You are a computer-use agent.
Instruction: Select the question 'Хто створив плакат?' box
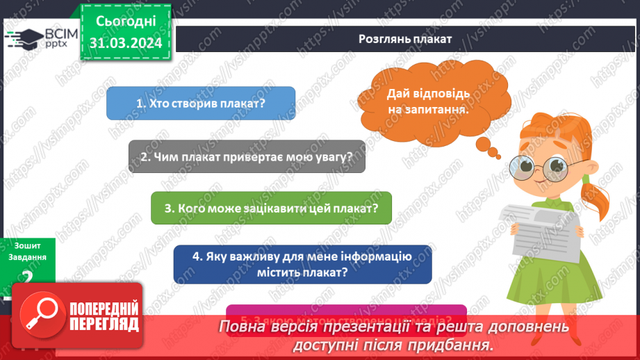pos(201,103)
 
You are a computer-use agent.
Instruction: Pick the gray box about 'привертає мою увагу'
pos(247,156)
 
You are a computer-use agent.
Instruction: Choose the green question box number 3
pos(271,208)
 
